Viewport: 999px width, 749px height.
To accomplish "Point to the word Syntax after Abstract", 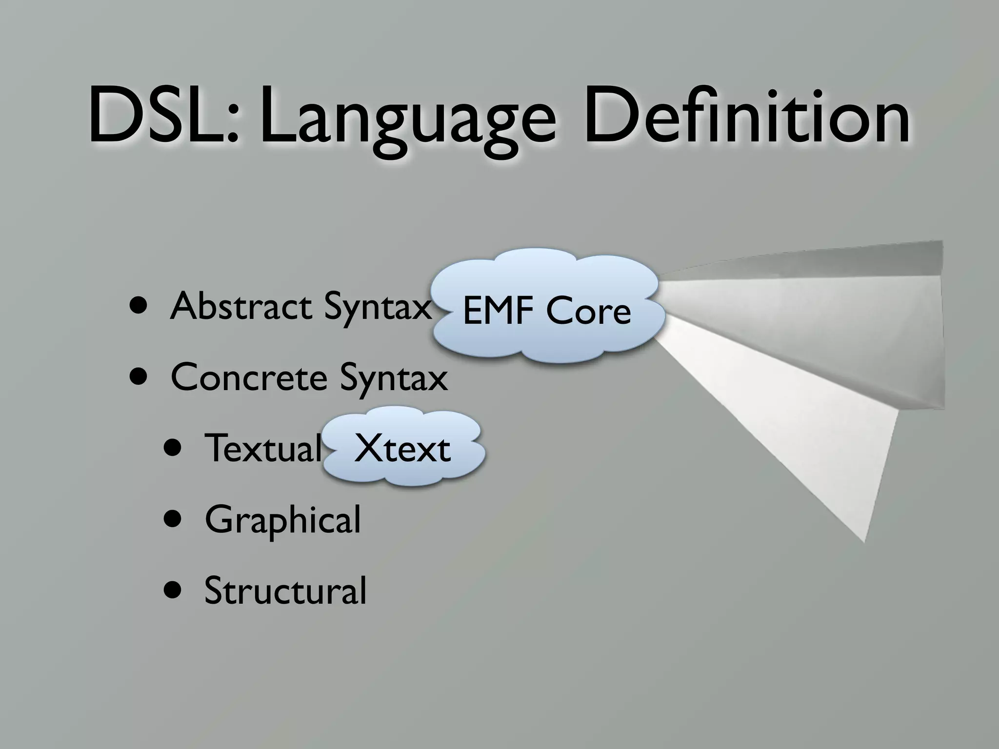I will (x=379, y=308).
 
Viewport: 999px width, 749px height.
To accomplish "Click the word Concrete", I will (x=248, y=377).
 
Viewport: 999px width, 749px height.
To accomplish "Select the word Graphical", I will (x=283, y=521).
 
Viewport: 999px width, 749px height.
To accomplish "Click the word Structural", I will (x=285, y=591).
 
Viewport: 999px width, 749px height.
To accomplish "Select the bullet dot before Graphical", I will (x=174, y=520).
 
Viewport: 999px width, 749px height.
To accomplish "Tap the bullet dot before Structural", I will (x=174, y=591).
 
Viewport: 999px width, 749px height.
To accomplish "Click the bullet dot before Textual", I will (x=174, y=448).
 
